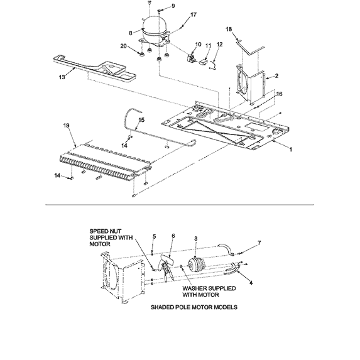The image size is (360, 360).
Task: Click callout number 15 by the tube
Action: pos(141,119)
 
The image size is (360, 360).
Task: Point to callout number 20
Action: pos(123,46)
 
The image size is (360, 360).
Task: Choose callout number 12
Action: pos(220,44)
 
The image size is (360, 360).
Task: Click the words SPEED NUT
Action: pos(104,231)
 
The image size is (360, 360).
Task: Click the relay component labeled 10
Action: pos(187,58)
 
